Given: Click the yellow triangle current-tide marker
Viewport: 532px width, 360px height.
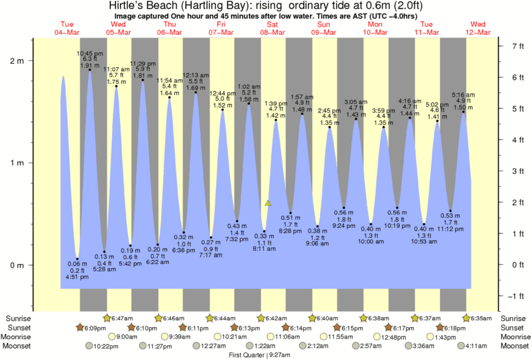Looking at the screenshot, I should [x=268, y=202].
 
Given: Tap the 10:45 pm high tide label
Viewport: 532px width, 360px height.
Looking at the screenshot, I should [x=89, y=53].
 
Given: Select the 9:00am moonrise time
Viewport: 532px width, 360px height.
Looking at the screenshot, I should [x=126, y=337].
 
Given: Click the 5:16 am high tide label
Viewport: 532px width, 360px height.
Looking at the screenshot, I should [x=463, y=95].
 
